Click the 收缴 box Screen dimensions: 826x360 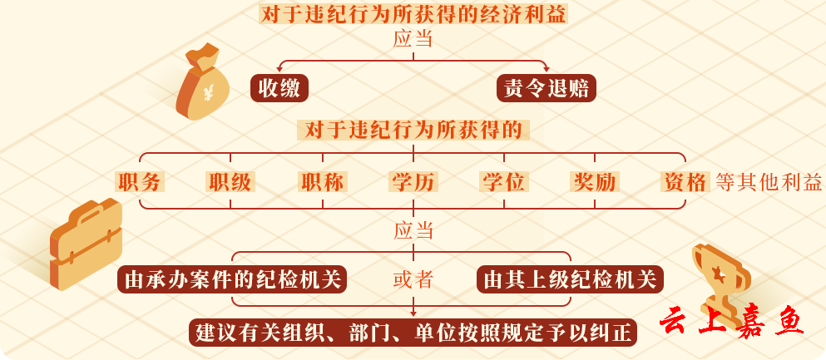tap(279, 88)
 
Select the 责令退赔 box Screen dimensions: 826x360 tap(547, 88)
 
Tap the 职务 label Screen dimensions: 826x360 tap(139, 181)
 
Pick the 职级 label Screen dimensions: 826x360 tap(230, 181)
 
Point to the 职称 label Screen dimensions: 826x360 tap(322, 181)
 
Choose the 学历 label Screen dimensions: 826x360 tap(413, 181)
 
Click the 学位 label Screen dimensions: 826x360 tap(504, 181)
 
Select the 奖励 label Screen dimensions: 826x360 tap(595, 181)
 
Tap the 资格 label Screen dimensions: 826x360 tap(685, 181)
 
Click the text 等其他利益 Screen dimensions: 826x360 tap(769, 182)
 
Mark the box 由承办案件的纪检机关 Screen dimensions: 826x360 tap(232, 279)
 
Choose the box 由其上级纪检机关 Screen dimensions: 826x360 tap(570, 279)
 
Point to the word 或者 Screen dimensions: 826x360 tap(413, 280)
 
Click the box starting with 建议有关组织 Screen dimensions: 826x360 tap(413, 333)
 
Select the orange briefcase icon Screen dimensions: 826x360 tap(86, 243)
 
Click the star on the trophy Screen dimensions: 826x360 tap(717, 274)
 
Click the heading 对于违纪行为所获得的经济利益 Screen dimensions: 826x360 tap(413, 14)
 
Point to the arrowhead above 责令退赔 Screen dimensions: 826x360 tap(547, 68)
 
